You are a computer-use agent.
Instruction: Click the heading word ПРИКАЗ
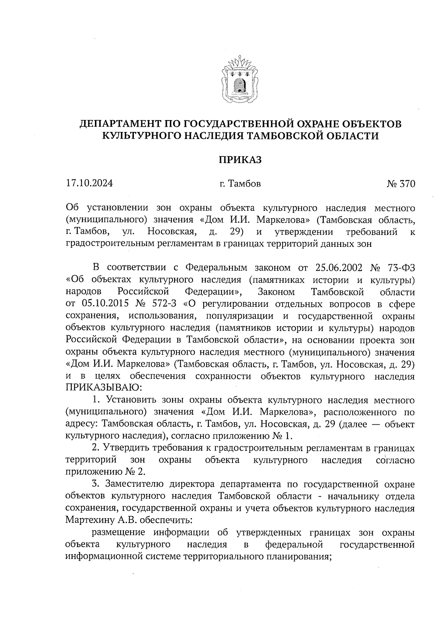click(x=240, y=160)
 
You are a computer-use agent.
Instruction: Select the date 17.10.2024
click(x=89, y=183)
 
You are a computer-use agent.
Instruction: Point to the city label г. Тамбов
click(x=240, y=184)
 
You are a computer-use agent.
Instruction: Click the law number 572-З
click(x=165, y=304)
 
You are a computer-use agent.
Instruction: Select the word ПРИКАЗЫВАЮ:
click(x=103, y=388)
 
